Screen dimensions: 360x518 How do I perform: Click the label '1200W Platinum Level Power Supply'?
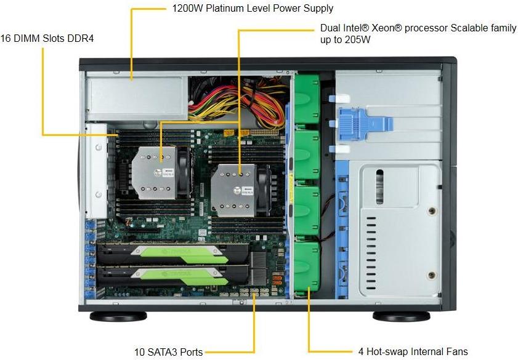tap(253, 9)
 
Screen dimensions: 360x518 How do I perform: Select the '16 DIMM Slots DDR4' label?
tap(48, 39)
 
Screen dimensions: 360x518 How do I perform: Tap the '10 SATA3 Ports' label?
tap(168, 353)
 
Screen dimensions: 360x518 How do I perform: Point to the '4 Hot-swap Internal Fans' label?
tap(413, 352)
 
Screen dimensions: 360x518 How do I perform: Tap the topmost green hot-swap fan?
tap(307, 97)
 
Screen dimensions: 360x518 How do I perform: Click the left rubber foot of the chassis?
tap(118, 316)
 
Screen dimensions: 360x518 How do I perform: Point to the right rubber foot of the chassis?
tap(401, 316)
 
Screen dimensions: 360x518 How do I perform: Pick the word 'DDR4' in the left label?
tap(82, 39)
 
